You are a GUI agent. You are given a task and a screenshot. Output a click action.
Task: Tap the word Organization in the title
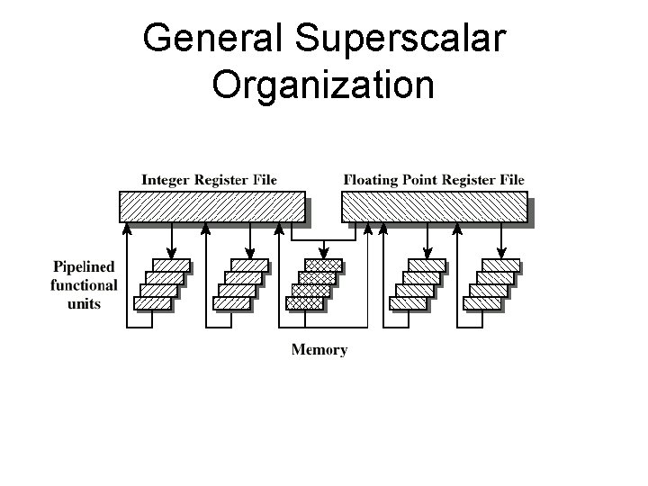click(x=324, y=85)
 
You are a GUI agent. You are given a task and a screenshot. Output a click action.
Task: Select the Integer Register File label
click(x=209, y=180)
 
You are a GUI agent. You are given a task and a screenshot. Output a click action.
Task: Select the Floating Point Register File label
click(x=433, y=180)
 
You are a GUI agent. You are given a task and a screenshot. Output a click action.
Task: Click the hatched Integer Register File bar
click(x=213, y=208)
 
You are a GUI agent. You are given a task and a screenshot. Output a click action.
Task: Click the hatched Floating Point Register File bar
click(x=433, y=208)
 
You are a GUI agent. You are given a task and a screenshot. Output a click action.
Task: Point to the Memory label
click(x=319, y=349)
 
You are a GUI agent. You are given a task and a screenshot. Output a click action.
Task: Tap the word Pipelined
click(x=85, y=266)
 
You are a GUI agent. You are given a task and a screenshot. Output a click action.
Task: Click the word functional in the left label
click(x=85, y=285)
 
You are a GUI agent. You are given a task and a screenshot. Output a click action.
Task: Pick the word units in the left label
click(x=85, y=303)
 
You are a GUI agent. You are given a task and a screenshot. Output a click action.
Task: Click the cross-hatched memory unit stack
click(x=314, y=283)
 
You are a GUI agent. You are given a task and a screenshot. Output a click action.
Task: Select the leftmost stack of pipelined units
click(x=162, y=283)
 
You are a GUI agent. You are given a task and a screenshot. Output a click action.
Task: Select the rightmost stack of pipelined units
click(x=491, y=283)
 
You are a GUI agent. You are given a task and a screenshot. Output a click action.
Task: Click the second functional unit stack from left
click(x=240, y=283)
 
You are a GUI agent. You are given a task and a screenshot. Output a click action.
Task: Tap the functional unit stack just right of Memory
click(x=418, y=283)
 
